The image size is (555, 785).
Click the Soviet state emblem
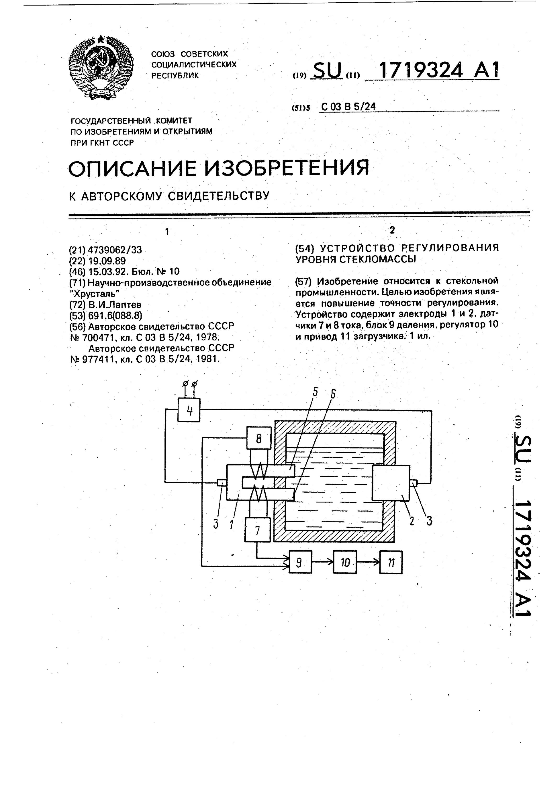pyautogui.click(x=101, y=68)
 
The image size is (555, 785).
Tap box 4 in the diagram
pyautogui.click(x=189, y=410)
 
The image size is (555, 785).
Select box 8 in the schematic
pyautogui.click(x=259, y=438)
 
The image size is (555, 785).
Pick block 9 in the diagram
pyautogui.click(x=300, y=562)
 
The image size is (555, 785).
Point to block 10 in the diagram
pyautogui.click(x=345, y=562)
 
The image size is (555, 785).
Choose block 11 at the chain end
pyautogui.click(x=391, y=562)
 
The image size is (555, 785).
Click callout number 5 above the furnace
pyautogui.click(x=315, y=392)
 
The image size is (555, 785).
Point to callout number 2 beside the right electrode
pyautogui.click(x=412, y=521)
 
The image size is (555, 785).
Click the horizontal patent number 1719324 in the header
pyautogui.click(x=421, y=70)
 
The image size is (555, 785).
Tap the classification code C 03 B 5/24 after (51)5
pyautogui.click(x=348, y=107)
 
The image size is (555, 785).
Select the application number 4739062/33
pyautogui.click(x=115, y=250)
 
